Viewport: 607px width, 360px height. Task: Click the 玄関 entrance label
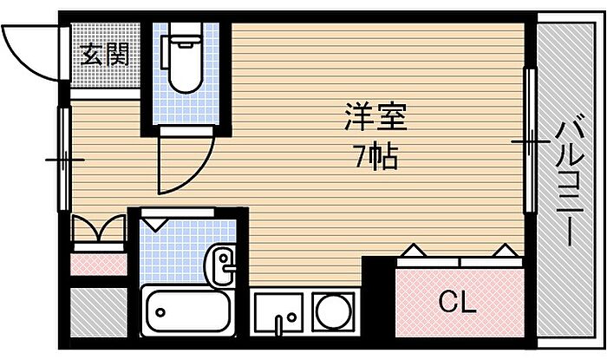tap(105, 54)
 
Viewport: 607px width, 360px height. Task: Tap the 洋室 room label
tap(375, 117)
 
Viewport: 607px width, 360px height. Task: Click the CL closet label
tap(457, 303)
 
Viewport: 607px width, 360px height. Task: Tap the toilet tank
tap(166, 52)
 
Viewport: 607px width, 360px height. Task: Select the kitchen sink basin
tap(278, 311)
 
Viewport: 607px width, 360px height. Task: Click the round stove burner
tap(333, 311)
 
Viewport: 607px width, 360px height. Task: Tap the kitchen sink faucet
tap(278, 325)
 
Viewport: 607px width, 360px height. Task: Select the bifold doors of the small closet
tap(98, 228)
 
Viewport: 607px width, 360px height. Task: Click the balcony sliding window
tap(530, 141)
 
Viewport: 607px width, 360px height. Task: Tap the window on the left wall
tap(64, 159)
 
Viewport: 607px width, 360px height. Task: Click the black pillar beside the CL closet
tap(378, 295)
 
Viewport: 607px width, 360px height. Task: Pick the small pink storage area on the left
tap(99, 265)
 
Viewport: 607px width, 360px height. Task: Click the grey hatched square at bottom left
tap(98, 312)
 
